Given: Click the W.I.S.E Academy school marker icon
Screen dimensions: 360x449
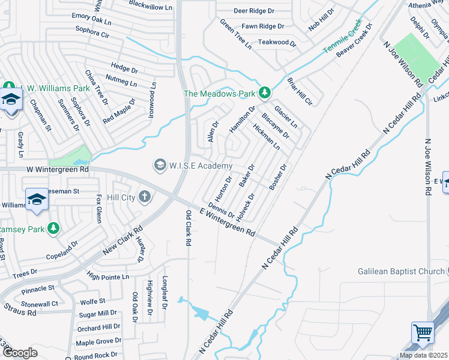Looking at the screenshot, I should click(160, 164).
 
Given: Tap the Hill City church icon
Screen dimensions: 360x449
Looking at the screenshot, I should click(144, 196).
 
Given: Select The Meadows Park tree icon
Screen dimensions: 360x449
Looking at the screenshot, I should click(264, 92).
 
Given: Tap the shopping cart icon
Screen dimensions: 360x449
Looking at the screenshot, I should click(423, 332).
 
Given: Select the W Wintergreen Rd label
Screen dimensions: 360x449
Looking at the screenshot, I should click(58, 170).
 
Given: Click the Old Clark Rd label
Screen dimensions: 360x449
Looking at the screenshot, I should click(188, 229).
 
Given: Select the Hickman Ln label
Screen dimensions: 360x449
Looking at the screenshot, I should click(267, 137).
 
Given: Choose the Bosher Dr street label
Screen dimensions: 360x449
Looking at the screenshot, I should click(279, 177).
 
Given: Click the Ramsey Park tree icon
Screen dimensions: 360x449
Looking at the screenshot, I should click(53, 229).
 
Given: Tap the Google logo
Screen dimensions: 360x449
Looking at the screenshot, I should click(19, 353).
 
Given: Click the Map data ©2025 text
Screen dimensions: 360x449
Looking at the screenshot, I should click(424, 355).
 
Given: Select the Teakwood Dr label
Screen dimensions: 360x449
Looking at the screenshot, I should click(277, 43).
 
